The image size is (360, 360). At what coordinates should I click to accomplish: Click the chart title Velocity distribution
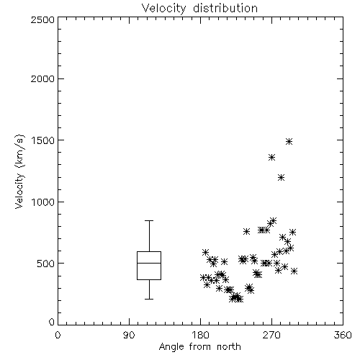click(199, 8)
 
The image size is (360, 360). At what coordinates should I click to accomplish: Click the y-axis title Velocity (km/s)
click(19, 171)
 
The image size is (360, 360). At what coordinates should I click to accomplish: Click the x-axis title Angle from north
click(199, 347)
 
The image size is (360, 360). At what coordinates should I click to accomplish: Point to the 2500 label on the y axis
click(42, 19)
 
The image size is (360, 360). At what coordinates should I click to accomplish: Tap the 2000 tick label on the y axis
click(42, 78)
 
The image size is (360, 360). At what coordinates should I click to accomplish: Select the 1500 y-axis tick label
click(43, 140)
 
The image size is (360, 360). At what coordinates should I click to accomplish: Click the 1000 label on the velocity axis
click(43, 202)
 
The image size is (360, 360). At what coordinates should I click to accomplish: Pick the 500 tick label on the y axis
click(45, 264)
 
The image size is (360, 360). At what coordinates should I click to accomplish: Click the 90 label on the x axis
click(129, 335)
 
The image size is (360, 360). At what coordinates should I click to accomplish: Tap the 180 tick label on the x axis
click(201, 335)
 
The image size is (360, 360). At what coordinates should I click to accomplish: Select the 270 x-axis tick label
click(271, 335)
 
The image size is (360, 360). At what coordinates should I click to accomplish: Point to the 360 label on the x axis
click(343, 335)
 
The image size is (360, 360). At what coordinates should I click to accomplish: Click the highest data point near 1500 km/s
click(289, 141)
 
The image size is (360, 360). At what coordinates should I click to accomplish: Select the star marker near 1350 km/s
click(271, 158)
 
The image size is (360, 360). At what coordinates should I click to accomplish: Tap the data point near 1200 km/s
click(281, 178)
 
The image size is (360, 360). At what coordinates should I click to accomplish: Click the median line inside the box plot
click(149, 263)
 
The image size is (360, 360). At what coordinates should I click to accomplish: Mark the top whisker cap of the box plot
click(149, 220)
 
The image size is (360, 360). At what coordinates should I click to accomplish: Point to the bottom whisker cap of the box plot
click(149, 299)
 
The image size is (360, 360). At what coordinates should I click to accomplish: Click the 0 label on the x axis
click(58, 335)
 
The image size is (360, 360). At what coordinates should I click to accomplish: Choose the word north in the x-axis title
click(229, 347)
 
